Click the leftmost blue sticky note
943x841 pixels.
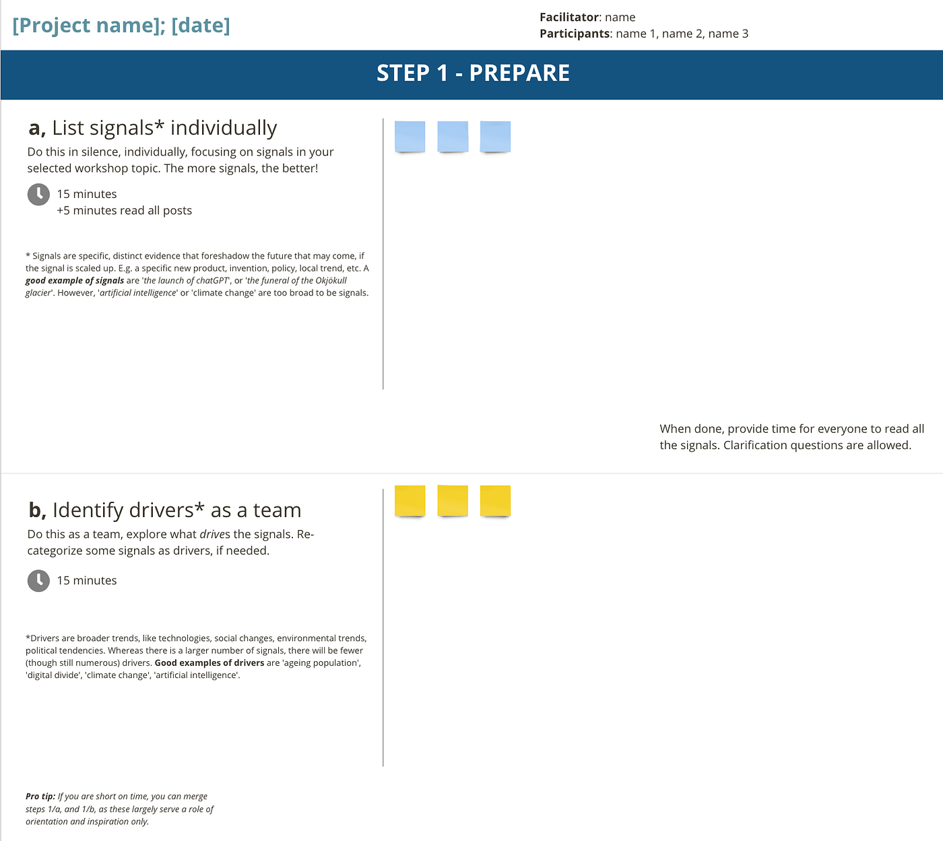pos(410,137)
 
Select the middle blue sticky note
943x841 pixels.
pos(453,137)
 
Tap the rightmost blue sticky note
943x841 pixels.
pos(495,137)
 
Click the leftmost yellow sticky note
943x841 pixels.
pos(410,501)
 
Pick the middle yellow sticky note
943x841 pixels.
pos(453,501)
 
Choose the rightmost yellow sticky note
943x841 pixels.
pos(495,501)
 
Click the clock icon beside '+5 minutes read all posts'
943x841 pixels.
pos(38,195)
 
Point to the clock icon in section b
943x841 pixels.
pos(38,581)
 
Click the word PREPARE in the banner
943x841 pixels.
pos(519,73)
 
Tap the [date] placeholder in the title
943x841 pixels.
pos(201,25)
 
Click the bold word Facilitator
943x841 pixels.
pos(568,18)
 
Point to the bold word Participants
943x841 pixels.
pos(575,34)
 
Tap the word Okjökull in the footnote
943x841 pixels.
pos(331,281)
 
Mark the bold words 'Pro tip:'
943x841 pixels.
pos(40,797)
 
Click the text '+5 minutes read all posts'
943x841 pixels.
pos(125,211)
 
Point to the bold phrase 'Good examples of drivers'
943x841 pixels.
pos(209,663)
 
